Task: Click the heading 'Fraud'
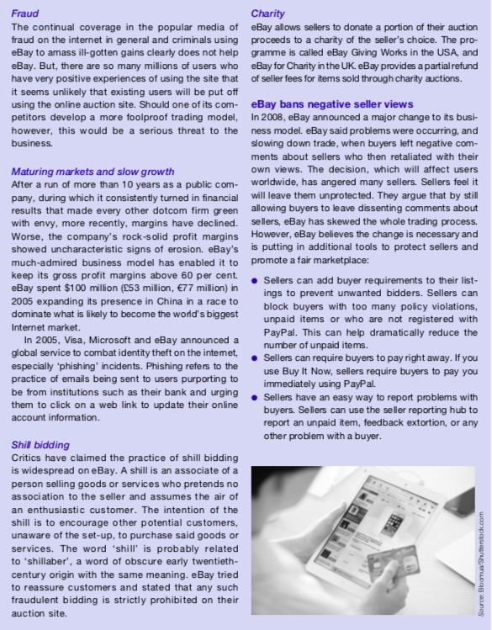[25, 14]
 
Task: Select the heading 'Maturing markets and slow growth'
[93, 172]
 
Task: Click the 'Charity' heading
[268, 14]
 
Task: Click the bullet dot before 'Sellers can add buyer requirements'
[256, 278]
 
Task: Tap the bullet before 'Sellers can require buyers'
[256, 357]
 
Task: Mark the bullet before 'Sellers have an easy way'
[256, 395]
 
